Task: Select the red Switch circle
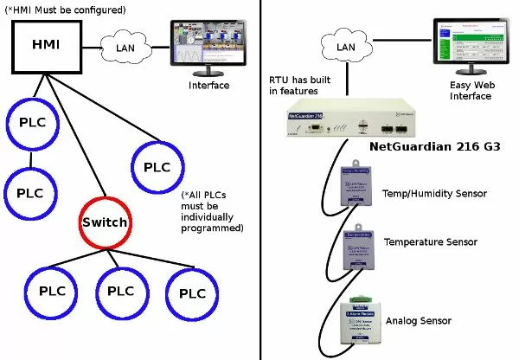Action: (105, 222)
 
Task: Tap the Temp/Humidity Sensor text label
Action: (434, 192)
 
